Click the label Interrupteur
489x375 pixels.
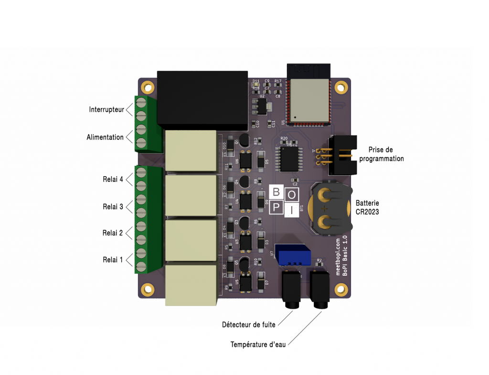click(x=106, y=110)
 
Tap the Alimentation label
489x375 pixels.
click(x=105, y=138)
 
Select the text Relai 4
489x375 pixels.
click(x=113, y=180)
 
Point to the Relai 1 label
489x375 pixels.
click(x=113, y=260)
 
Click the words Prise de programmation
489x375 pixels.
click(x=382, y=154)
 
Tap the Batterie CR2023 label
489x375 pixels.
click(x=367, y=207)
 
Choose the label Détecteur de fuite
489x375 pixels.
click(x=249, y=325)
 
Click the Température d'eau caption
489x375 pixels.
click(x=258, y=344)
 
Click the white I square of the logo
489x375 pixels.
click(x=292, y=209)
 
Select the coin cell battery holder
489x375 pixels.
click(x=330, y=209)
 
